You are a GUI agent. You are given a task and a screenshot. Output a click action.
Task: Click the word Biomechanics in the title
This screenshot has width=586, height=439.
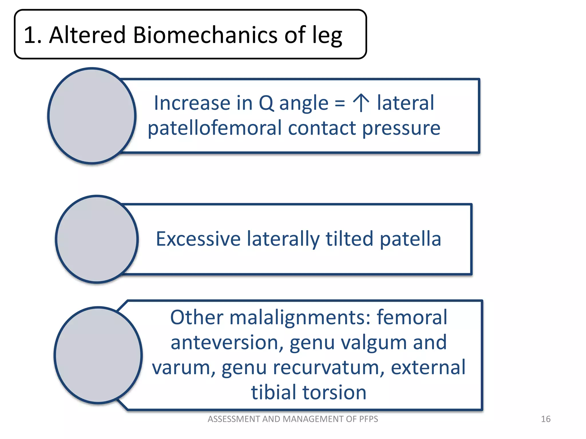point(205,35)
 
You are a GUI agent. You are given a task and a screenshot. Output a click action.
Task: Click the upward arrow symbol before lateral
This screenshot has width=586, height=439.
point(361,103)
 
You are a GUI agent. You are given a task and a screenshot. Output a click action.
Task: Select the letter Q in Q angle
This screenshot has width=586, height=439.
point(266,103)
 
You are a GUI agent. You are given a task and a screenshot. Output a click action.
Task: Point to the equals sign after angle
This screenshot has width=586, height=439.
point(340,103)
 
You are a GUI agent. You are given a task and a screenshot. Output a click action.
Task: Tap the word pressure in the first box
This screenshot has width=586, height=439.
point(401,128)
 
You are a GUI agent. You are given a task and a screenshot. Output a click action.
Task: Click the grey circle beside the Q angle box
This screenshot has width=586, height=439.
point(92,116)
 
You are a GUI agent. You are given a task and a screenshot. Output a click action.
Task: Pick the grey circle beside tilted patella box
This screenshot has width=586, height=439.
point(97,239)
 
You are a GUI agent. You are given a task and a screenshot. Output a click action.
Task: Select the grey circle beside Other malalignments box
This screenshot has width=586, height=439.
point(98,355)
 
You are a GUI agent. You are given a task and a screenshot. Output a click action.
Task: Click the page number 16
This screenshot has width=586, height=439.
point(545,419)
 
